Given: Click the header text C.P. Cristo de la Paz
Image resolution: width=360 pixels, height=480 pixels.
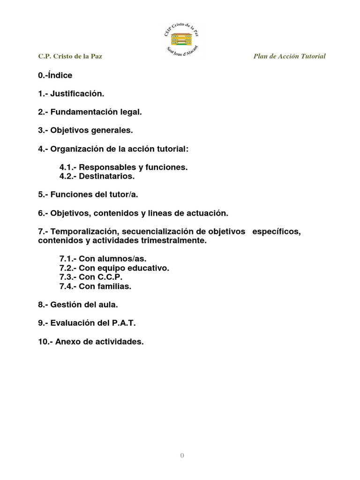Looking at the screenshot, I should tap(70, 56).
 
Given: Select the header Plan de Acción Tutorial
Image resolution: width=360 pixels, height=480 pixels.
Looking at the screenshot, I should tap(289, 56).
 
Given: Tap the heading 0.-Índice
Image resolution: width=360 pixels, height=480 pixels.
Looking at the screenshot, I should tap(55, 75).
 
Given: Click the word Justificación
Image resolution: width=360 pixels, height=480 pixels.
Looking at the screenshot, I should tap(77, 94).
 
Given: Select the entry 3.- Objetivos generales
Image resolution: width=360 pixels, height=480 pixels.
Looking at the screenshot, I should tap(86, 130).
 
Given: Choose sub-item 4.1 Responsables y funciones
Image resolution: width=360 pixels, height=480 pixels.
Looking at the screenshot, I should tap(123, 167).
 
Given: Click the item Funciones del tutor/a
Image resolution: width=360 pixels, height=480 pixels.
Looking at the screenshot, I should tap(88, 195).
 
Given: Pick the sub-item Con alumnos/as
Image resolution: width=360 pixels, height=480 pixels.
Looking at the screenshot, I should tap(106, 259).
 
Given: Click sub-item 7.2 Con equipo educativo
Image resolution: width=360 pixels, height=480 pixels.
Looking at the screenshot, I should tap(114, 268).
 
